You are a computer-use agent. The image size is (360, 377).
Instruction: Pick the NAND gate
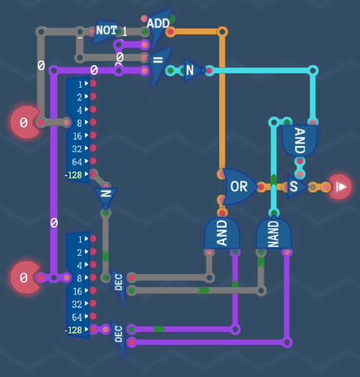coord(273,233)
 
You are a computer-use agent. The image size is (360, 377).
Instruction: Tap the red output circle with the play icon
coord(340,187)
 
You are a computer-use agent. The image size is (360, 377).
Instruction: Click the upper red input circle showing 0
coord(25,122)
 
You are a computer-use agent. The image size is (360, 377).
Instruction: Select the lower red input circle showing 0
coord(25,277)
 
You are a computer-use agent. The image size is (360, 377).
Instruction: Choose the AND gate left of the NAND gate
coord(222,233)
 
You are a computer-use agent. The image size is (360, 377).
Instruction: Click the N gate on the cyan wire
coord(193,70)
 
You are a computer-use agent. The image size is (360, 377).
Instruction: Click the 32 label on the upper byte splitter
coord(77,149)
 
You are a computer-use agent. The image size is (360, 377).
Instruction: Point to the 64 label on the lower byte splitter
coord(77,318)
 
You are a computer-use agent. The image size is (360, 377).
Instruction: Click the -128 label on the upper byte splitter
coord(74,175)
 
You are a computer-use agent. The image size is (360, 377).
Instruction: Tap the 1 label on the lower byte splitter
coord(80,239)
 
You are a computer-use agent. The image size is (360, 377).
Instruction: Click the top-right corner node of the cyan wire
coord(312,71)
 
